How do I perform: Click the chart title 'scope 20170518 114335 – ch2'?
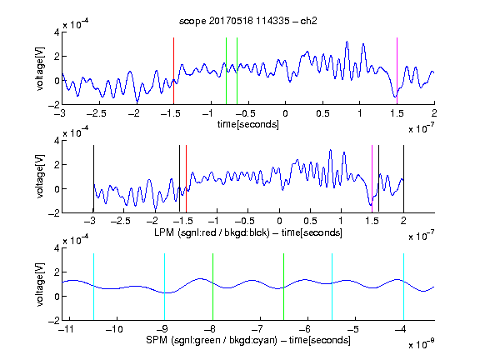[248, 21]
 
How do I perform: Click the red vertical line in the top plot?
[173, 71]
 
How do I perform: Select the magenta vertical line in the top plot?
[397, 71]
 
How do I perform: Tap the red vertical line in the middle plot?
[186, 179]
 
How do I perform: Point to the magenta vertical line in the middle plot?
[372, 179]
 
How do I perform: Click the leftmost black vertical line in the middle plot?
[93, 179]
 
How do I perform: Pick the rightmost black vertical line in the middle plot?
[403, 179]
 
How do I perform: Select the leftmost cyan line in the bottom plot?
[93, 287]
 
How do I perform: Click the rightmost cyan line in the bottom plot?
[403, 287]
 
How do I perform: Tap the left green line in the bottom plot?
[212, 287]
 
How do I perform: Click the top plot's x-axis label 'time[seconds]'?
[248, 124]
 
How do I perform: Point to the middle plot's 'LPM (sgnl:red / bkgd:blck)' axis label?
[212, 232]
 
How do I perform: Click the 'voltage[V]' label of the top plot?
[40, 68]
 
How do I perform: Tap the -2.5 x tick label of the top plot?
[96, 113]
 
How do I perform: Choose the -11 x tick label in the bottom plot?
[66, 329]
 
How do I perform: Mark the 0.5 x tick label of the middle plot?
[310, 221]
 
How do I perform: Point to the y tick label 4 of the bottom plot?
[57, 248]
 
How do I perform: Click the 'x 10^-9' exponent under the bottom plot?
[422, 344]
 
